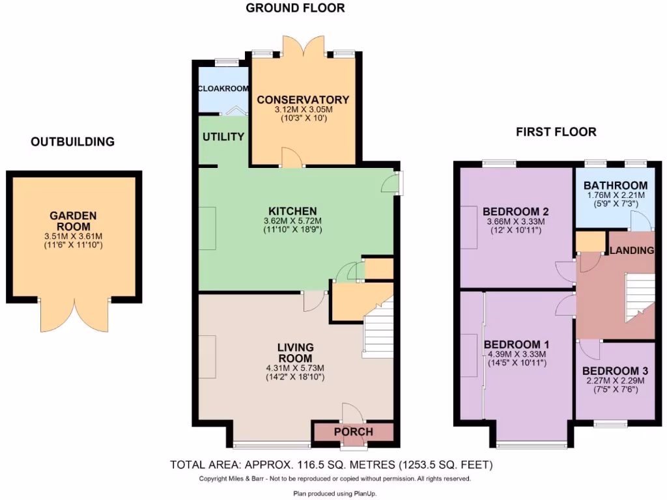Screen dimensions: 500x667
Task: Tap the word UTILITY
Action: point(223,137)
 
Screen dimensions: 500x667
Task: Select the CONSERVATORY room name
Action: point(303,100)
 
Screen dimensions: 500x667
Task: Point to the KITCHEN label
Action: point(292,211)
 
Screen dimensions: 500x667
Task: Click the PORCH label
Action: point(354,432)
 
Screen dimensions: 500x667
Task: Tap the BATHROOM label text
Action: point(615,186)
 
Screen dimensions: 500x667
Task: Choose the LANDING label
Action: point(632,251)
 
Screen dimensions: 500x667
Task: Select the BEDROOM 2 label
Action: point(515,212)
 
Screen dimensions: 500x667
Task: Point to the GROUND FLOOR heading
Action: point(295,8)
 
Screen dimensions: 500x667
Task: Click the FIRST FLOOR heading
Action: point(556,132)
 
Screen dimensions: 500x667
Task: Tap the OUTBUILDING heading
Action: point(72,141)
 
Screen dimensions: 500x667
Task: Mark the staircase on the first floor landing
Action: point(639,296)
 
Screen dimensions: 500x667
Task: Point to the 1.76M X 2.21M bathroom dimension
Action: point(615,195)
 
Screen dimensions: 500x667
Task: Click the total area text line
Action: point(332,465)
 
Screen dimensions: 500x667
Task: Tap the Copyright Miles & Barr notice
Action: point(334,479)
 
